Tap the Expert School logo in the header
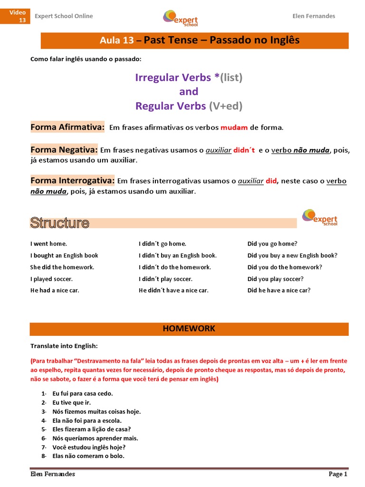pos(180,18)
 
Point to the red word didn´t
pos(244,150)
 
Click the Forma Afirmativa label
pos(67,127)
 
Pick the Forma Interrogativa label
pos(72,181)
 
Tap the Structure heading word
pos(59,223)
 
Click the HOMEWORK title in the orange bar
pos(189,329)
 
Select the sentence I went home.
pos(48,244)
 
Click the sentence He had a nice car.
pos(55,290)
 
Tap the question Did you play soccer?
pos(275,279)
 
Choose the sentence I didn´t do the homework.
pos(174,267)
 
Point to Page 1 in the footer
pos(338,474)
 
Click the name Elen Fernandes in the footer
pos(52,474)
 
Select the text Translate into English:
pos(64,346)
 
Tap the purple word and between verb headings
pos(189,91)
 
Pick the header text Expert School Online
pos(64,16)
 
